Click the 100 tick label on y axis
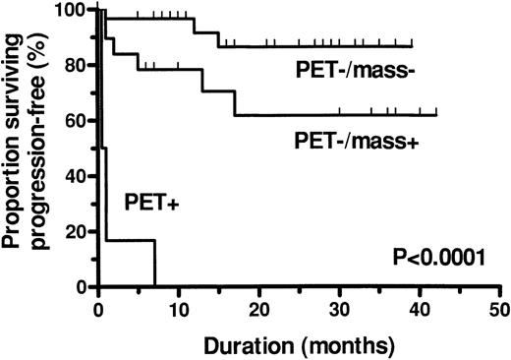[71, 10]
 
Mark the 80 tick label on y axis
[75, 65]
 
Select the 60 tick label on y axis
[75, 120]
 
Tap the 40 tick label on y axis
[75, 176]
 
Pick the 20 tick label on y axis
[75, 232]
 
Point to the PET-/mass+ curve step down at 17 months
[235, 103]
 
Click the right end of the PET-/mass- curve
[412, 46]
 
